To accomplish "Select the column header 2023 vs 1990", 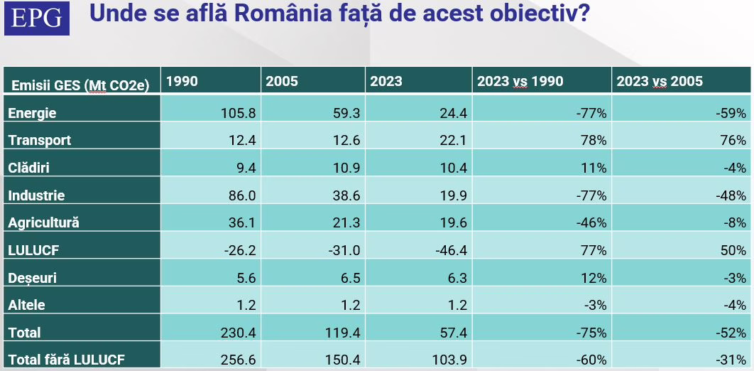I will pyautogui.click(x=520, y=81).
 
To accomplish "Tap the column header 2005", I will pyautogui.click(x=282, y=81).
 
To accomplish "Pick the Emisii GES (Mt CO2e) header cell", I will pyautogui.click(x=80, y=85).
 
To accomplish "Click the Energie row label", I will pyautogui.click(x=32, y=113).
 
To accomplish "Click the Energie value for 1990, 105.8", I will pyautogui.click(x=238, y=113).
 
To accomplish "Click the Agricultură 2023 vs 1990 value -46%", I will pyautogui.click(x=591, y=222).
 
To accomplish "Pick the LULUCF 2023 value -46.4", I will pyautogui.click(x=449, y=250).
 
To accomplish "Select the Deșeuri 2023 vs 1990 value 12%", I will pyautogui.click(x=594, y=277).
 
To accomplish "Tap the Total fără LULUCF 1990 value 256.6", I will pyautogui.click(x=238, y=360).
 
